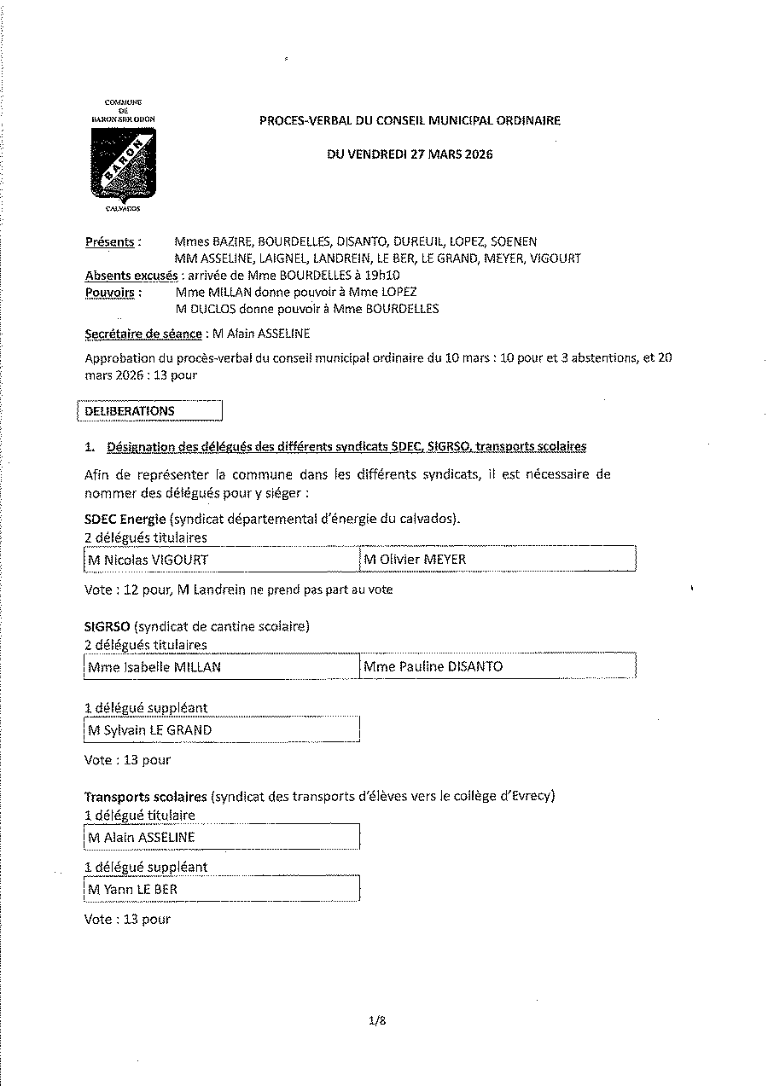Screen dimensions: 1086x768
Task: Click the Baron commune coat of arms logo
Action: click(x=124, y=163)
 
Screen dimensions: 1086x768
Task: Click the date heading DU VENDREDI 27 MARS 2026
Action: click(x=410, y=154)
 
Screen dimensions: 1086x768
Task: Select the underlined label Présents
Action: click(x=110, y=242)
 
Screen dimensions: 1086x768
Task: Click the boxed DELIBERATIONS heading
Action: click(x=149, y=411)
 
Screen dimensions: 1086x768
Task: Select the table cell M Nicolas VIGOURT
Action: click(x=222, y=560)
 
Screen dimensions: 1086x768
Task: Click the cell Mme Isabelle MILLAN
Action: click(x=222, y=667)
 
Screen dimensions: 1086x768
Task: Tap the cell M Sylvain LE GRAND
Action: click(x=222, y=730)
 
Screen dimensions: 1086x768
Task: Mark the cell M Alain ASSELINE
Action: click(x=222, y=838)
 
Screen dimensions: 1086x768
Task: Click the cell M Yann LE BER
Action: click(x=222, y=890)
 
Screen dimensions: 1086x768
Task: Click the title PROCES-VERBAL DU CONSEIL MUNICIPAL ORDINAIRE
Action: click(x=410, y=121)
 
